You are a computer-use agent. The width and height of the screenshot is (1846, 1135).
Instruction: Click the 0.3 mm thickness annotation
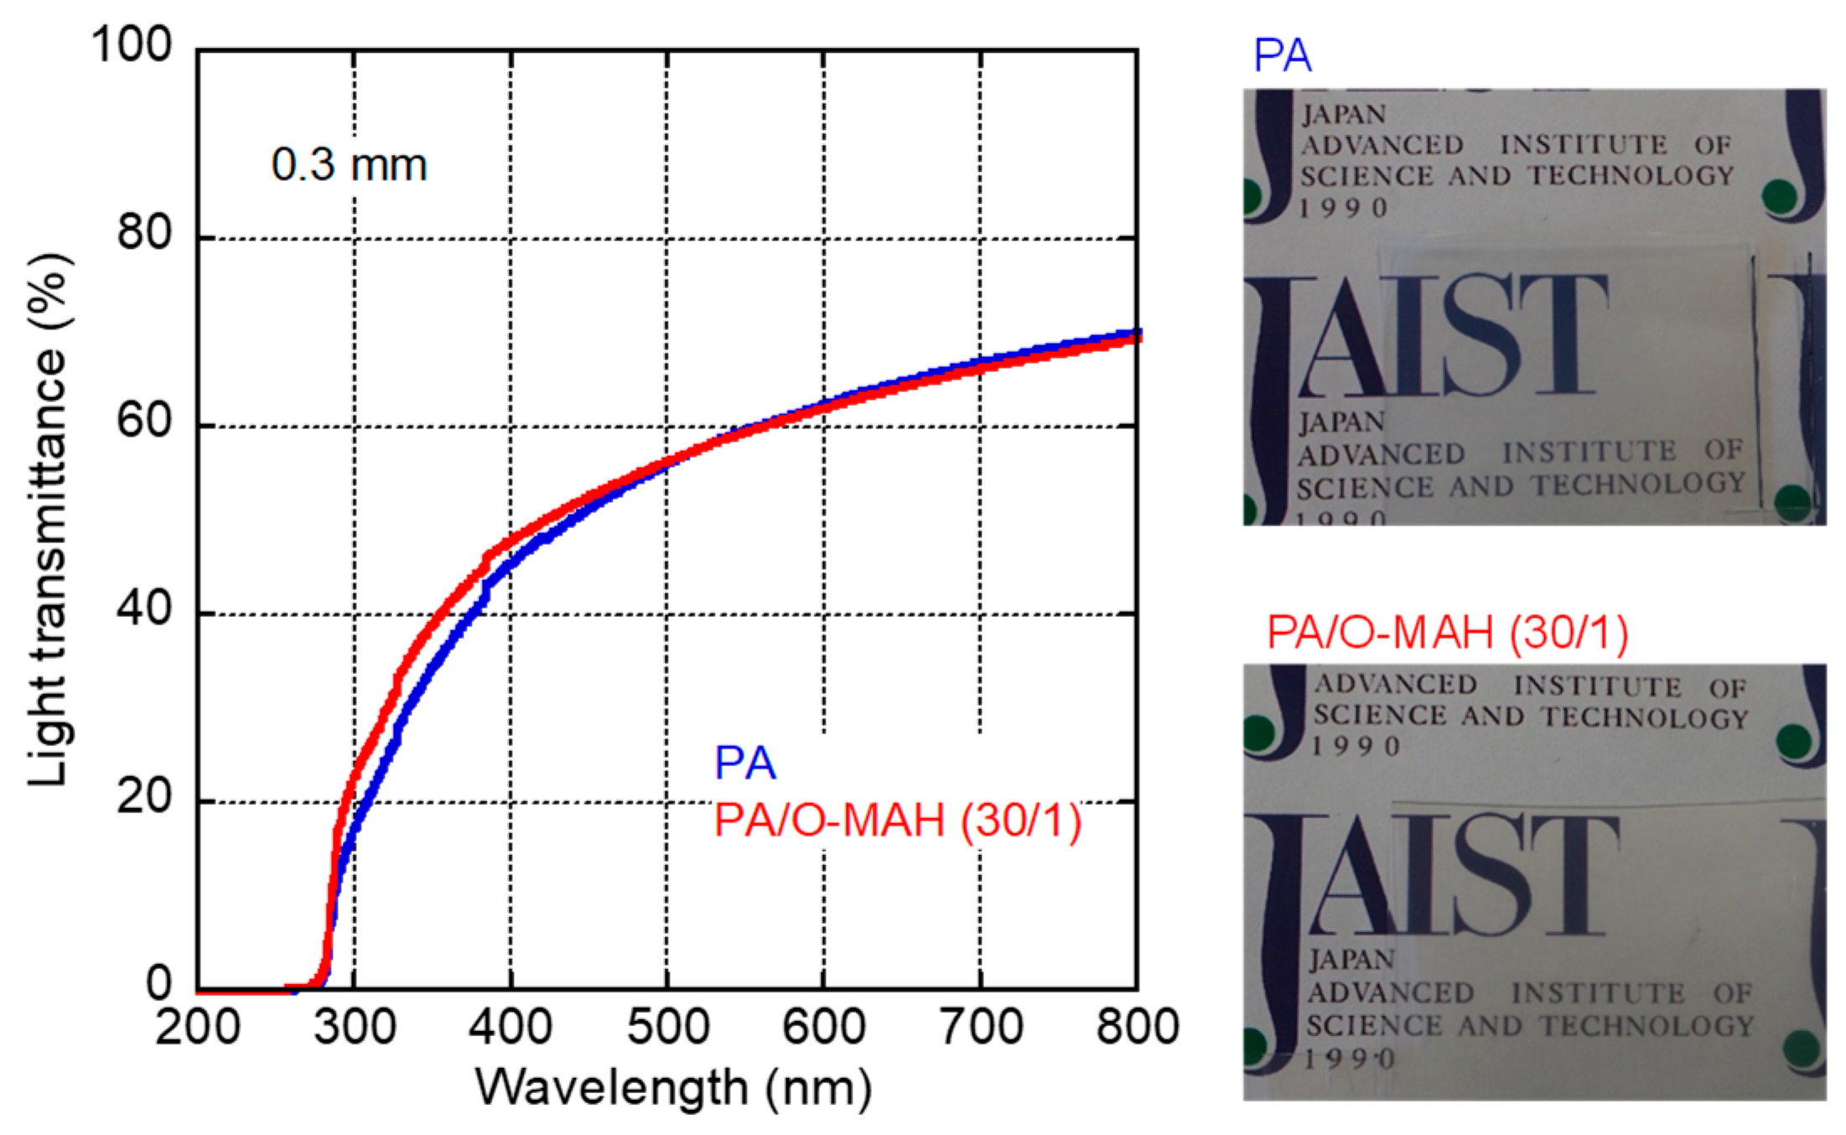(349, 164)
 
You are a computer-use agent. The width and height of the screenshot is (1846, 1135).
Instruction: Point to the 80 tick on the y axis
(144, 232)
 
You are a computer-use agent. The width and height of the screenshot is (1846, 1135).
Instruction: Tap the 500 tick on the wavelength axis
(668, 1027)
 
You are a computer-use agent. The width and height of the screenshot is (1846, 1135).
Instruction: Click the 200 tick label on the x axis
(198, 1027)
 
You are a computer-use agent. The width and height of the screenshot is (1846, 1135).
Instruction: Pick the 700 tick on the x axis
(981, 1027)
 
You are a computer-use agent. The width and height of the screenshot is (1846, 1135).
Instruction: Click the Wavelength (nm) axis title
(674, 1088)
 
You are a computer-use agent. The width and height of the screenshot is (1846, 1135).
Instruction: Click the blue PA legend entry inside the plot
(744, 763)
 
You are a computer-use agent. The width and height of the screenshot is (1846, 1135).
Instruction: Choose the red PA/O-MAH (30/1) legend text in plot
(897, 820)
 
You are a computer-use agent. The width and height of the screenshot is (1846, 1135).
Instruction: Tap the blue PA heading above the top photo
(1282, 56)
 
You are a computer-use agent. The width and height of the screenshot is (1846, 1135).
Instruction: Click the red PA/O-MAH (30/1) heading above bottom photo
(1447, 633)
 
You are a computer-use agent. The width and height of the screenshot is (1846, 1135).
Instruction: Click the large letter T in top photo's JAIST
(1561, 335)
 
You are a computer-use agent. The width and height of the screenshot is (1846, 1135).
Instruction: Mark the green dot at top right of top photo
(1779, 198)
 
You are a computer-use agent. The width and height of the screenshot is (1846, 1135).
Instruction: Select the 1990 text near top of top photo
(1344, 208)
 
